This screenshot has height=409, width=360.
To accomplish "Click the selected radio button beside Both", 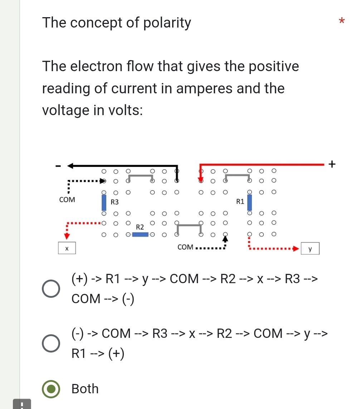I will click(x=52, y=389).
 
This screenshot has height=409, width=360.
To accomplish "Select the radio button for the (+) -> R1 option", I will click(x=52, y=289).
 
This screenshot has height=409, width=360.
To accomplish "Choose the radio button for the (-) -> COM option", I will click(x=52, y=344).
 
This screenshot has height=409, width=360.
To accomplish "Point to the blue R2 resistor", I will click(x=140, y=235).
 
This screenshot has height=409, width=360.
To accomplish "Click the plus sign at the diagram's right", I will click(x=332, y=164).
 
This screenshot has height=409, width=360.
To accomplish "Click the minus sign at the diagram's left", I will click(x=58, y=166).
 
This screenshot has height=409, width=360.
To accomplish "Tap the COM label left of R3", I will click(x=67, y=200).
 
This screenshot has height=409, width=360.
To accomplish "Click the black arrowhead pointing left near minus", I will click(x=70, y=166).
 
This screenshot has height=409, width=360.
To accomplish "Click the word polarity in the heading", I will click(x=167, y=23).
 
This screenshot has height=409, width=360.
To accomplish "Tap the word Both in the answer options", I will click(x=85, y=389).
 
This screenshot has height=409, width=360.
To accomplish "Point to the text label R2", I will click(x=140, y=227).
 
